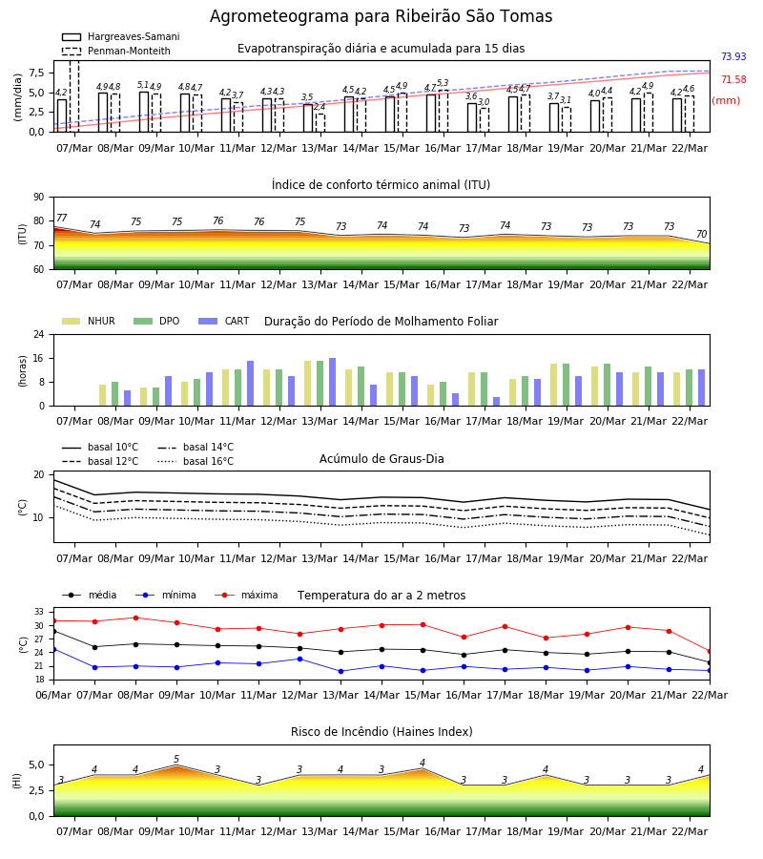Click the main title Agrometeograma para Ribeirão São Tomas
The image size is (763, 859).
click(381, 16)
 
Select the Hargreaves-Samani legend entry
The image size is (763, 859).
click(121, 36)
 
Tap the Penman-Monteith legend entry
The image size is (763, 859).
click(116, 51)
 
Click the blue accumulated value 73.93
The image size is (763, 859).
click(733, 56)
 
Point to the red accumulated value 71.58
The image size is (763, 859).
click(733, 79)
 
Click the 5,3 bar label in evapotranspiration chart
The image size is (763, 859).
click(443, 83)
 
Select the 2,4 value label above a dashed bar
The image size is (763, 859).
click(320, 107)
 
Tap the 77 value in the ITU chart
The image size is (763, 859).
click(62, 218)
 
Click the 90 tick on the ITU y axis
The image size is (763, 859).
click(39, 198)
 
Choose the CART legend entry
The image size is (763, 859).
click(224, 321)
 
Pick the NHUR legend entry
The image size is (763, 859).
click(89, 321)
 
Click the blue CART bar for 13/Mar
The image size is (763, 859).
click(332, 382)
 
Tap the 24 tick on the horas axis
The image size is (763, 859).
click(39, 334)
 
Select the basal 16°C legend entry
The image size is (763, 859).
click(196, 461)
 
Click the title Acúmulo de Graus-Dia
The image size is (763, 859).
click(381, 458)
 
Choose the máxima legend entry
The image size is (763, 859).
click(246, 595)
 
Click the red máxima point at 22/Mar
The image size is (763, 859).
click(710, 651)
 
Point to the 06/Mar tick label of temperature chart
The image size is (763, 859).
click(53, 695)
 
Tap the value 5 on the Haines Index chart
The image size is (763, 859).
click(176, 760)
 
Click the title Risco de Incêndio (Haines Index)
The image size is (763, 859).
click(381, 731)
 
